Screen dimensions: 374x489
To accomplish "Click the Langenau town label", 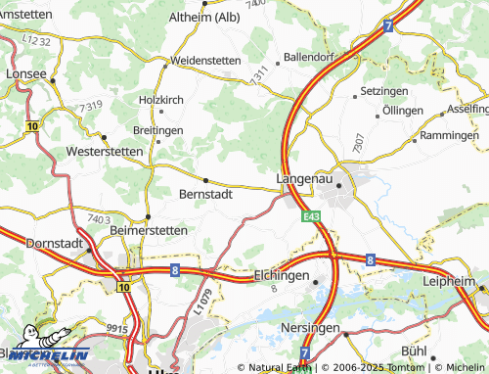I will pos(305,179).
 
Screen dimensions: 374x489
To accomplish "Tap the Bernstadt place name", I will pos(206,194).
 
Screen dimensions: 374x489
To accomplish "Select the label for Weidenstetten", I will pos(205,61).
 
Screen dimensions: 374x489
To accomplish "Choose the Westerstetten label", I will pos(97,153).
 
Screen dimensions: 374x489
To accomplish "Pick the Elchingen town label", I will pos(281,276).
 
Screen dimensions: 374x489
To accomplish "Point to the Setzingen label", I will pos(384,90).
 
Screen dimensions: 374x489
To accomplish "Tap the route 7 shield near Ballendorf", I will pos(388,26).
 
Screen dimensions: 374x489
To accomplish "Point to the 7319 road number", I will pos(91,105).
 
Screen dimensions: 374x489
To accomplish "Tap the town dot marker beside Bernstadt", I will pos(205,180).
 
